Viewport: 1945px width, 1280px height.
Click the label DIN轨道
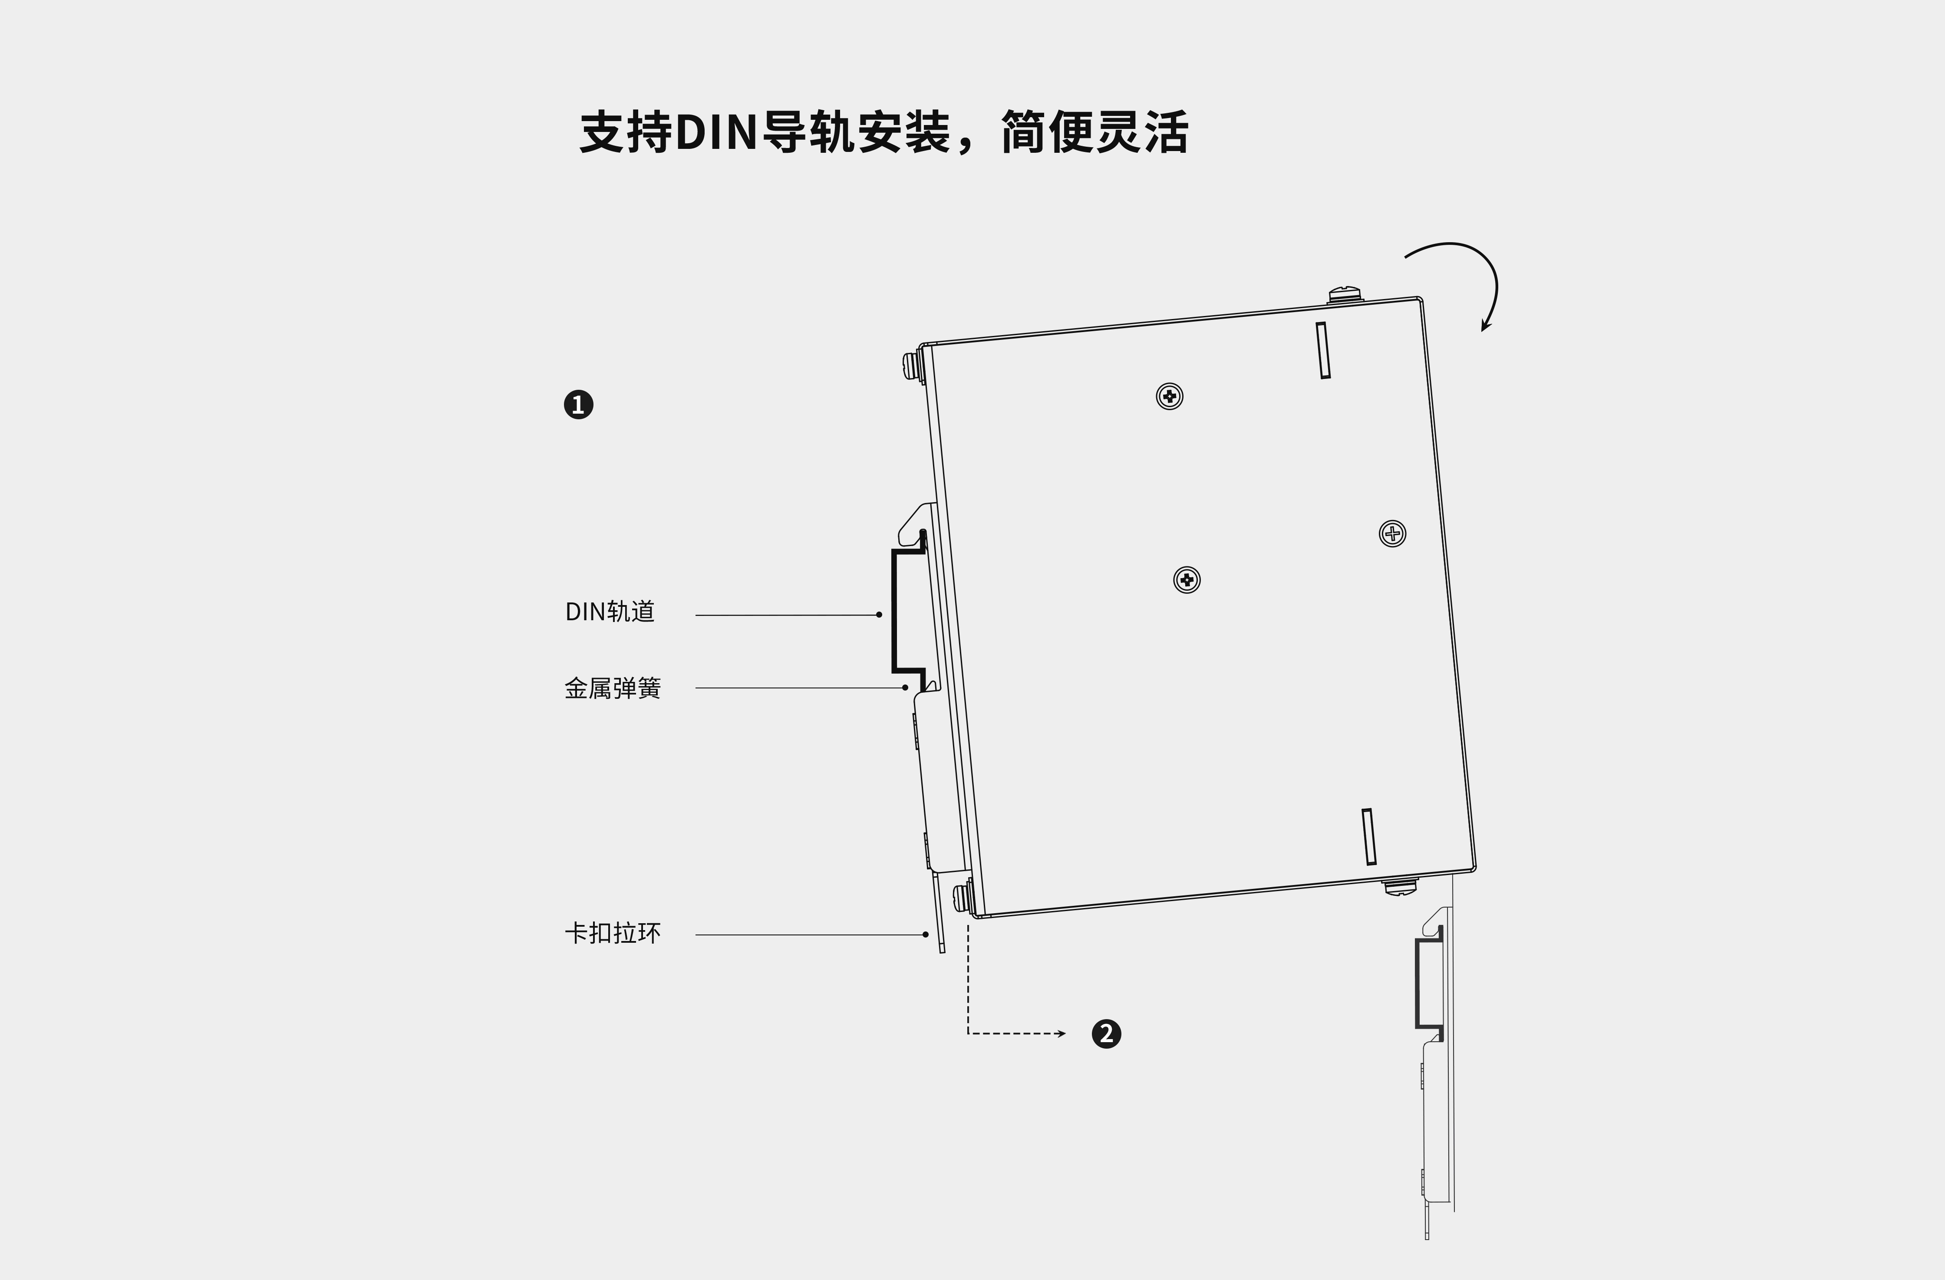pyautogui.click(x=610, y=612)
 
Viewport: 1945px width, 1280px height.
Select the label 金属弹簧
pyautogui.click(x=612, y=688)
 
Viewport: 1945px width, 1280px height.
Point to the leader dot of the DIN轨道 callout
pyautogui.click(x=879, y=614)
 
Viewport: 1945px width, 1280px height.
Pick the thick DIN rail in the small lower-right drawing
pyautogui.click(x=1420, y=984)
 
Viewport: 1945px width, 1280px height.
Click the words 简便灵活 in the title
pyautogui.click(x=1095, y=132)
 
